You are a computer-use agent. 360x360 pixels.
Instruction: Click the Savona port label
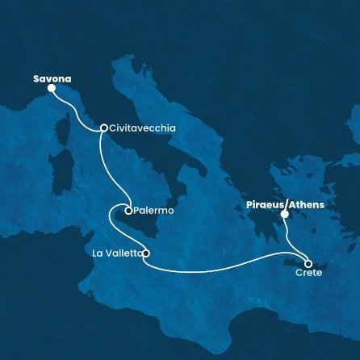(52, 79)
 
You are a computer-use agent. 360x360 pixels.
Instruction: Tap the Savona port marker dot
(52, 89)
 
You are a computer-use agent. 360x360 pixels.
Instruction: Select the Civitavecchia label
(143, 128)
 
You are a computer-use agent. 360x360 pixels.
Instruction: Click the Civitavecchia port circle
(104, 128)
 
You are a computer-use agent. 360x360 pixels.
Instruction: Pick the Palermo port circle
(128, 211)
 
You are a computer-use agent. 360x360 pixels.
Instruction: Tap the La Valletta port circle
(146, 253)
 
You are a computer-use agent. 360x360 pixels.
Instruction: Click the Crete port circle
(308, 262)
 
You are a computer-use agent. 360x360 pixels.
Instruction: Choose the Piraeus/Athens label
(284, 205)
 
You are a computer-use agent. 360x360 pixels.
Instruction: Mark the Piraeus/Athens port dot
(284, 215)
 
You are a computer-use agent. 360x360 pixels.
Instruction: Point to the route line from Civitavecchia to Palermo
(105, 170)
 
